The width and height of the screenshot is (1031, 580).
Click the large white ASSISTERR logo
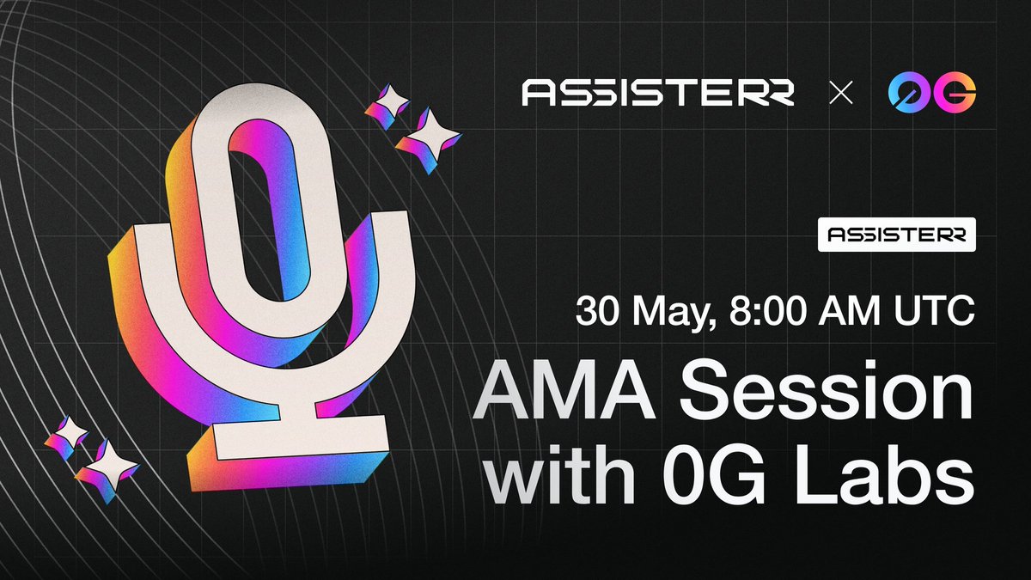(658, 93)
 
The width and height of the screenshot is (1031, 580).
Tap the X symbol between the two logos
(841, 93)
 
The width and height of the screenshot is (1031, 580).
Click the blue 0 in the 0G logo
(909, 92)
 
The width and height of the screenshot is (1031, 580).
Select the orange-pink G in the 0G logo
(955, 92)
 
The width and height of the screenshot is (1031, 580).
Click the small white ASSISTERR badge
(897, 235)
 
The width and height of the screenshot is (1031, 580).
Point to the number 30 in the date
(597, 311)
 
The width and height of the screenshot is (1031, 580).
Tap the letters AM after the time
(849, 311)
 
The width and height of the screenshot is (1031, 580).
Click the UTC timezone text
(935, 311)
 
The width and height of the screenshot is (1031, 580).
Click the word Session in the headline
(827, 389)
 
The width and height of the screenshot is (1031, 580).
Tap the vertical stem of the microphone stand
(297, 391)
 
